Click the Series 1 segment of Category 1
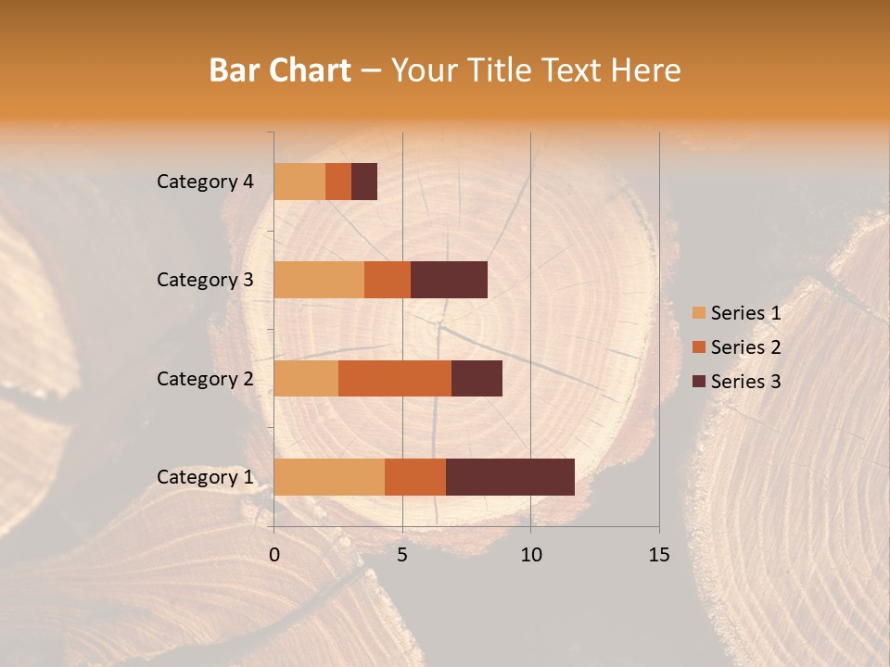329,477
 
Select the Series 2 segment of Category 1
415,477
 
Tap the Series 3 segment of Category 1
510,477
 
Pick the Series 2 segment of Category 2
395,378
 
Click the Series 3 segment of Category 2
477,378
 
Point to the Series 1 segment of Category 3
319,280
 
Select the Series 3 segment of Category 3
449,280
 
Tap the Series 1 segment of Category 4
299,182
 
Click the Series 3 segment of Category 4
364,182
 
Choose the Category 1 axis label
205,477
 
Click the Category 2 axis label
205,378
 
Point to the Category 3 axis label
205,280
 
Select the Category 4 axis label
205,182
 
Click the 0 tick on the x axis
274,555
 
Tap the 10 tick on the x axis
530,555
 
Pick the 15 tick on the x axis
659,555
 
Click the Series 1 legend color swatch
698,313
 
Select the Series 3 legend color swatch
698,382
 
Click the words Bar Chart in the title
280,70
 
